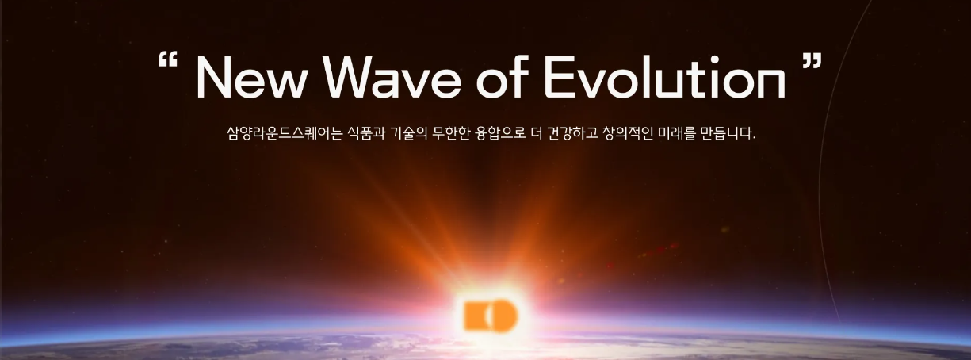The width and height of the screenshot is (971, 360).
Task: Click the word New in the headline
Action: tap(249, 78)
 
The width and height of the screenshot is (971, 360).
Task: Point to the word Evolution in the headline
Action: tap(665, 76)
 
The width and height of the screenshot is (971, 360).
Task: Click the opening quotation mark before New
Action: tap(168, 59)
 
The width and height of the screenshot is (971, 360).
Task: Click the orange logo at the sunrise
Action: tap(491, 315)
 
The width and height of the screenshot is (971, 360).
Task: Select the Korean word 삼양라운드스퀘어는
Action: tap(285, 132)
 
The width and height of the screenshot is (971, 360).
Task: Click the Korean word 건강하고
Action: tap(572, 132)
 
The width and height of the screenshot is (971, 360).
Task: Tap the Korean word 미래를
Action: tap(676, 132)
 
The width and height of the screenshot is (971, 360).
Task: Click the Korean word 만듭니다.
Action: tap(728, 132)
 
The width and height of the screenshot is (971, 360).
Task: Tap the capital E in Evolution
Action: tap(559, 78)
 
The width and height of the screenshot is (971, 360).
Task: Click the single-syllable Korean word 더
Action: tap(536, 132)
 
